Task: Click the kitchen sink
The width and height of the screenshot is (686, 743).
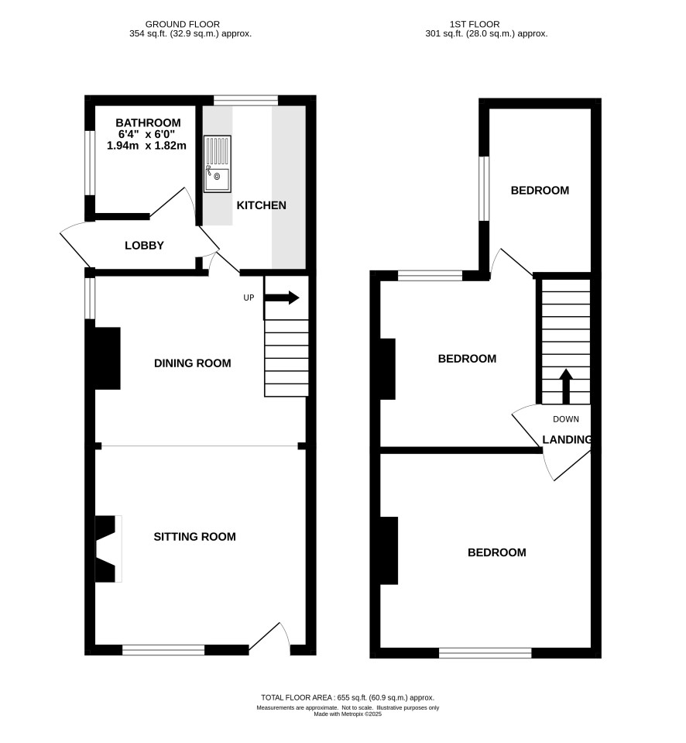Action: click(218, 164)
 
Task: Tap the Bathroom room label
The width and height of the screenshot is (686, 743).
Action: click(148, 122)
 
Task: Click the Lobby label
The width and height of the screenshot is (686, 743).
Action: click(144, 246)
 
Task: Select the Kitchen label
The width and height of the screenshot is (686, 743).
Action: click(262, 205)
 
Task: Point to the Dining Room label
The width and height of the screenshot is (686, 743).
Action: click(193, 363)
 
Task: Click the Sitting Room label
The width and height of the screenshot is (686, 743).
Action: click(194, 536)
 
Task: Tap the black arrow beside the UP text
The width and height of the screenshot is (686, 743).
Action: click(282, 298)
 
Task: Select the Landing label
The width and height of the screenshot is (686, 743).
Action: click(567, 440)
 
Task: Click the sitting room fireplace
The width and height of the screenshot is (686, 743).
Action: click(108, 549)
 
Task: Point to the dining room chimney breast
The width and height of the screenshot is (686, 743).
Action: click(108, 358)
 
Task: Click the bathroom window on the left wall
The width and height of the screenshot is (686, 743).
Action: click(90, 162)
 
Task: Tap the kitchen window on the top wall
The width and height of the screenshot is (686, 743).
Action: click(245, 100)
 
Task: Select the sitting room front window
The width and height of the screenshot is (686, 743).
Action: click(163, 650)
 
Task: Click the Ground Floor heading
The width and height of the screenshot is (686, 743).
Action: click(183, 24)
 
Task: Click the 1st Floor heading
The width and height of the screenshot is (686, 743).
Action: click(475, 24)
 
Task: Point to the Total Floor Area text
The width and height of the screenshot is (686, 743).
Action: click(348, 697)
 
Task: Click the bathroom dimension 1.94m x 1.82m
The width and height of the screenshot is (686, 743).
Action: click(147, 146)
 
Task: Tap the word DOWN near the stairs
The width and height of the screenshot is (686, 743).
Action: click(566, 419)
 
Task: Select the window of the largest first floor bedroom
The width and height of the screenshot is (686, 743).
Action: click(485, 653)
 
